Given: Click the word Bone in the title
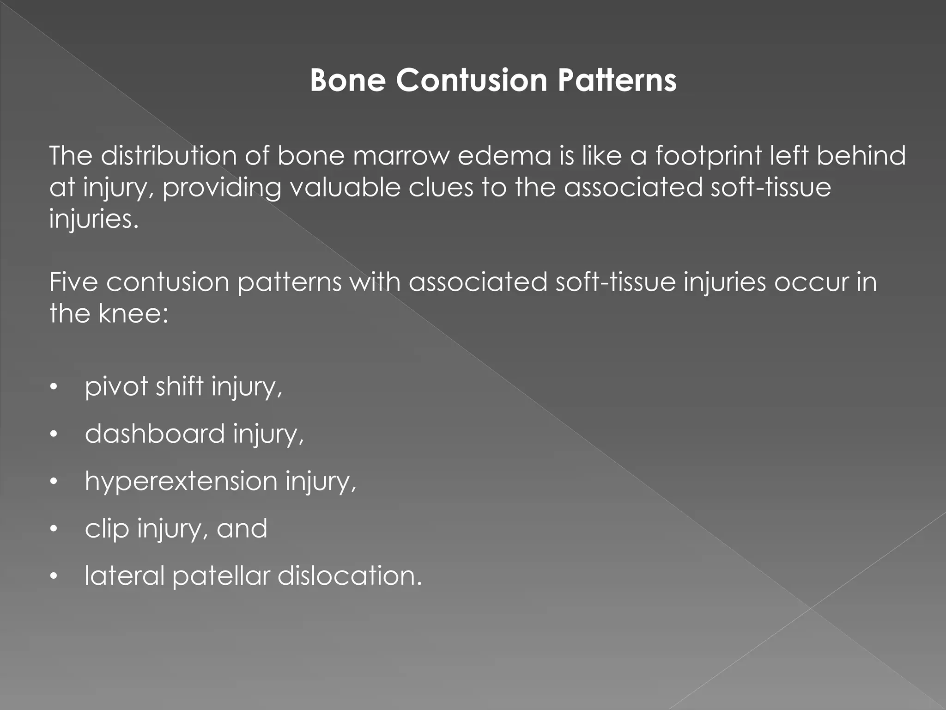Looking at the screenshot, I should click(x=347, y=80).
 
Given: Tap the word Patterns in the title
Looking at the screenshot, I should click(x=617, y=80).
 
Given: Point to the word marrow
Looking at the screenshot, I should click(x=401, y=156).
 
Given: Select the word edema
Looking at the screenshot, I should click(x=504, y=156).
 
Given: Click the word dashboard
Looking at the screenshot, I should click(x=155, y=434).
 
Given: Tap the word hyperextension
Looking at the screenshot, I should click(x=181, y=482).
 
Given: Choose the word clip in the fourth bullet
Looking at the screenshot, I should click(x=107, y=529).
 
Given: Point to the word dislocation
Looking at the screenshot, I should click(x=350, y=576).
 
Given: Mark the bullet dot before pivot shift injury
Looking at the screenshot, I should click(x=54, y=387).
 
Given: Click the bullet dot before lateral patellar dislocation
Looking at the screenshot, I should click(x=54, y=576).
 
